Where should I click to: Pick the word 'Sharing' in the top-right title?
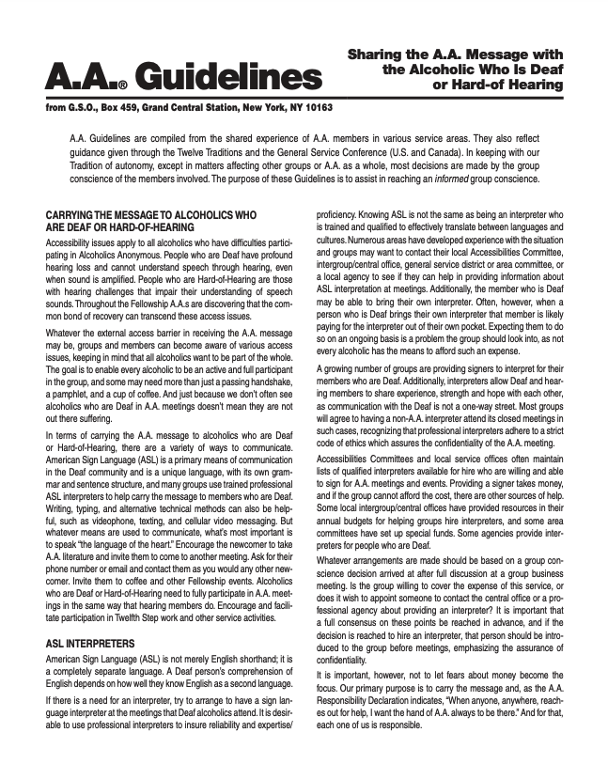click(377, 55)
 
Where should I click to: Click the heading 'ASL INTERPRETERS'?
click(89, 644)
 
